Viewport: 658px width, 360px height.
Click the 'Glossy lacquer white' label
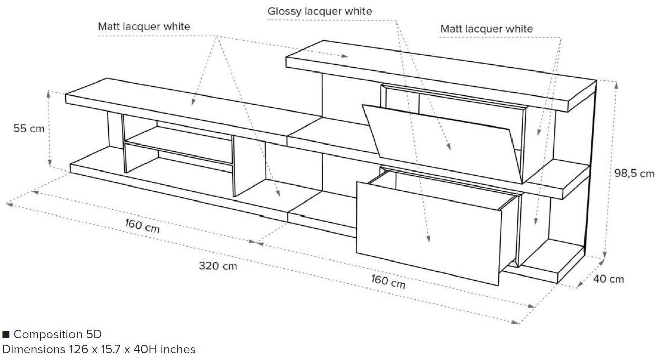(320, 11)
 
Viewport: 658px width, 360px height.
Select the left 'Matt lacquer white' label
(144, 26)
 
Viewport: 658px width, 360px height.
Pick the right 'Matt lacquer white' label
(486, 29)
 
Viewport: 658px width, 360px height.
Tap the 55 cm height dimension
(29, 128)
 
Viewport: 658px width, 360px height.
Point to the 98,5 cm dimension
(634, 173)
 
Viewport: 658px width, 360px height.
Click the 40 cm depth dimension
(609, 279)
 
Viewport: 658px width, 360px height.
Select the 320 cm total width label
(217, 265)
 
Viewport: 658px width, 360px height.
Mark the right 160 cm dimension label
(388, 281)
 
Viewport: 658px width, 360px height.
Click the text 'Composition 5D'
(57, 334)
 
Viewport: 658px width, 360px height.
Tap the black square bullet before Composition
(6, 335)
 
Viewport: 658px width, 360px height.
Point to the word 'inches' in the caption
(178, 349)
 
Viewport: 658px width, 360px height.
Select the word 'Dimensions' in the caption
(34, 349)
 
